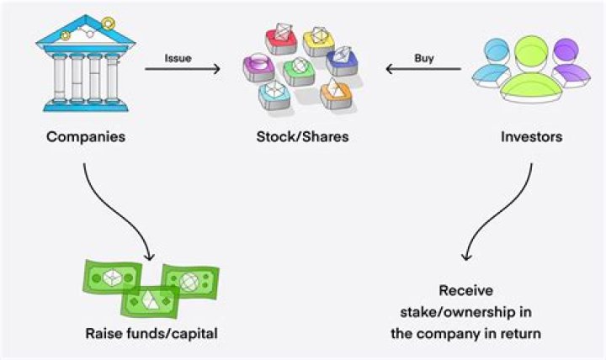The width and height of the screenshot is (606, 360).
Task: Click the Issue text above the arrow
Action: pos(178,59)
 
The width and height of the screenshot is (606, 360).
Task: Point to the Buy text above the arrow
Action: pos(424,59)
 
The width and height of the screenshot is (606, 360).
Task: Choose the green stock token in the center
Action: pos(300,71)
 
